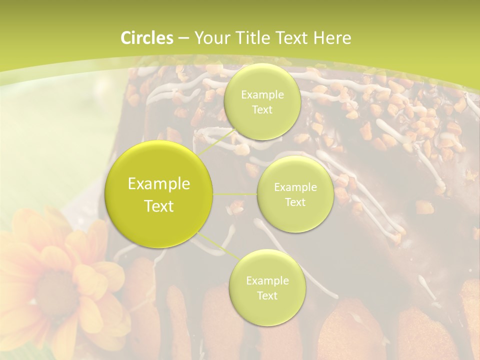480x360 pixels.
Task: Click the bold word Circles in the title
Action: pyautogui.click(x=146, y=38)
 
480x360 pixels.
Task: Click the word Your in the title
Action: pyautogui.click(x=210, y=38)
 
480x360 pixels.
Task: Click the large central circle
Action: pyautogui.click(x=159, y=194)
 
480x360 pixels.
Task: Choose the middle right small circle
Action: pyautogui.click(x=295, y=194)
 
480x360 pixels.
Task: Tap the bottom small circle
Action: pyautogui.click(x=267, y=288)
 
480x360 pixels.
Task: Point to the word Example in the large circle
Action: pyautogui.click(x=159, y=184)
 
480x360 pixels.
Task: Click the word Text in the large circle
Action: pyautogui.click(x=159, y=206)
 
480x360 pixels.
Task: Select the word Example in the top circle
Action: pyautogui.click(x=262, y=95)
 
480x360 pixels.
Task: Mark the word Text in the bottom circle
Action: pyautogui.click(x=267, y=296)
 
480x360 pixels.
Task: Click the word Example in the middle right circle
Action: pyautogui.click(x=295, y=187)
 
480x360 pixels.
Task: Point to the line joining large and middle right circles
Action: pyautogui.click(x=234, y=194)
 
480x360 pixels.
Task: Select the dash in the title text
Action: pyautogui.click(x=183, y=38)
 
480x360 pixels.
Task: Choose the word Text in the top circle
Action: pyautogui.click(x=262, y=110)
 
